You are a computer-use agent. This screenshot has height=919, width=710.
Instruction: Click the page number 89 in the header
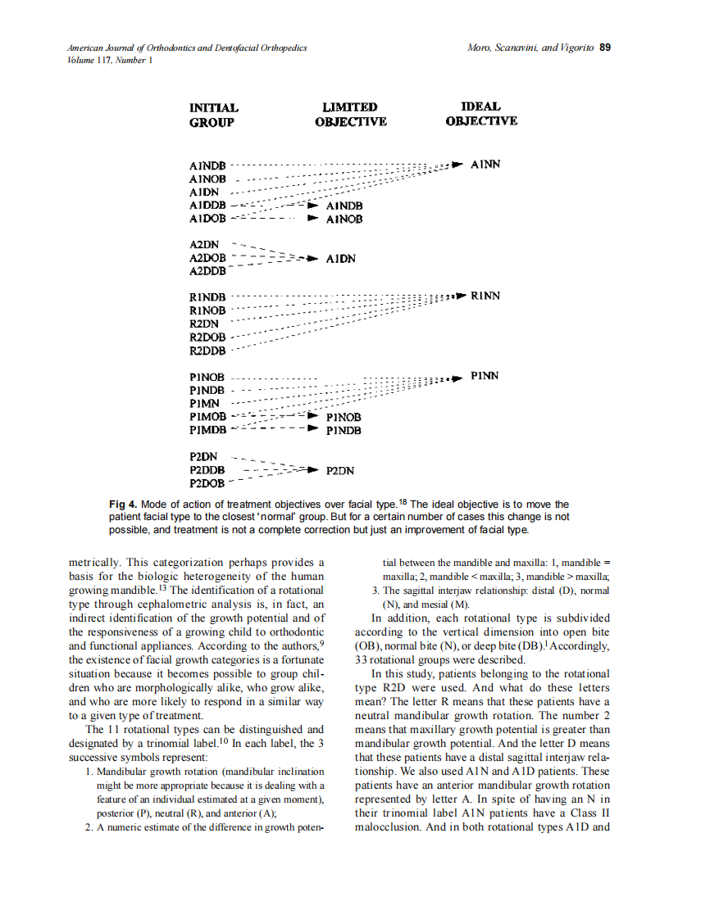click(x=605, y=48)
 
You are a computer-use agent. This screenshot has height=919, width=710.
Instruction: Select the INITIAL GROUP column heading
click(x=213, y=115)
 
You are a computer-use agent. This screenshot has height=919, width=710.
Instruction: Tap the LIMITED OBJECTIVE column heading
click(x=350, y=115)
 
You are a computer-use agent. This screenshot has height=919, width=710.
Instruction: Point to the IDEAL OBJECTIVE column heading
click(x=481, y=114)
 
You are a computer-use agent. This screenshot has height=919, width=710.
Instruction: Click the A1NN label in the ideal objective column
click(x=485, y=165)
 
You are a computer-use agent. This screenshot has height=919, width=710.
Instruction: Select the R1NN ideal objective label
click(x=485, y=296)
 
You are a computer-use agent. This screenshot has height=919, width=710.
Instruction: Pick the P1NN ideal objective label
click(x=485, y=377)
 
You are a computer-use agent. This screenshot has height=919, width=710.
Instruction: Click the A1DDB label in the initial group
click(x=207, y=206)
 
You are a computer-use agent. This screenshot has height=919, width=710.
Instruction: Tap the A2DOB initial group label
click(x=207, y=258)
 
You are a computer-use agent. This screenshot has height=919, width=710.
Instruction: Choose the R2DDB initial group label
click(x=207, y=351)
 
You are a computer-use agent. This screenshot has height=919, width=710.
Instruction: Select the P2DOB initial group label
click(x=207, y=484)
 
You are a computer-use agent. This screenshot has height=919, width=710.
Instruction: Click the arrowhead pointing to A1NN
click(x=457, y=165)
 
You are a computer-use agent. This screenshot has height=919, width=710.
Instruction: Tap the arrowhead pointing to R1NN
click(x=460, y=296)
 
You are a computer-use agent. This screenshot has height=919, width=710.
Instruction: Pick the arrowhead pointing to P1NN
click(x=457, y=378)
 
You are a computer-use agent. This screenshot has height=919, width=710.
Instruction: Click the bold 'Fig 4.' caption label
click(x=123, y=505)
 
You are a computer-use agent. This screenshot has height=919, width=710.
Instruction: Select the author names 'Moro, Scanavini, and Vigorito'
click(x=529, y=48)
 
